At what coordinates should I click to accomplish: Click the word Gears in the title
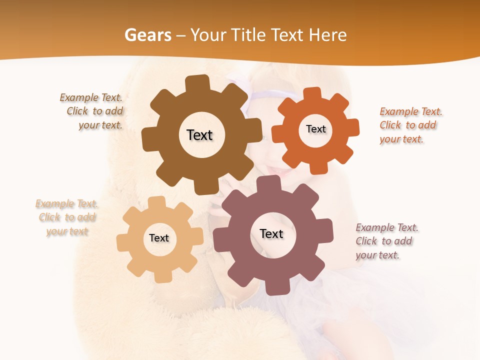pyautogui.click(x=147, y=35)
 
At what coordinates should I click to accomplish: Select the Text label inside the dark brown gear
pyautogui.click(x=199, y=135)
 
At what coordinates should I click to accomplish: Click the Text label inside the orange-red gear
pyautogui.click(x=315, y=129)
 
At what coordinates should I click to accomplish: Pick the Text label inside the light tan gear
pyautogui.click(x=159, y=238)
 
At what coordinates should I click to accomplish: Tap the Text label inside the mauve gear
pyautogui.click(x=271, y=233)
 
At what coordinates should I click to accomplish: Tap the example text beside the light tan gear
pyautogui.click(x=67, y=217)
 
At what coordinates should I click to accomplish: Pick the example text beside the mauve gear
pyautogui.click(x=385, y=241)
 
